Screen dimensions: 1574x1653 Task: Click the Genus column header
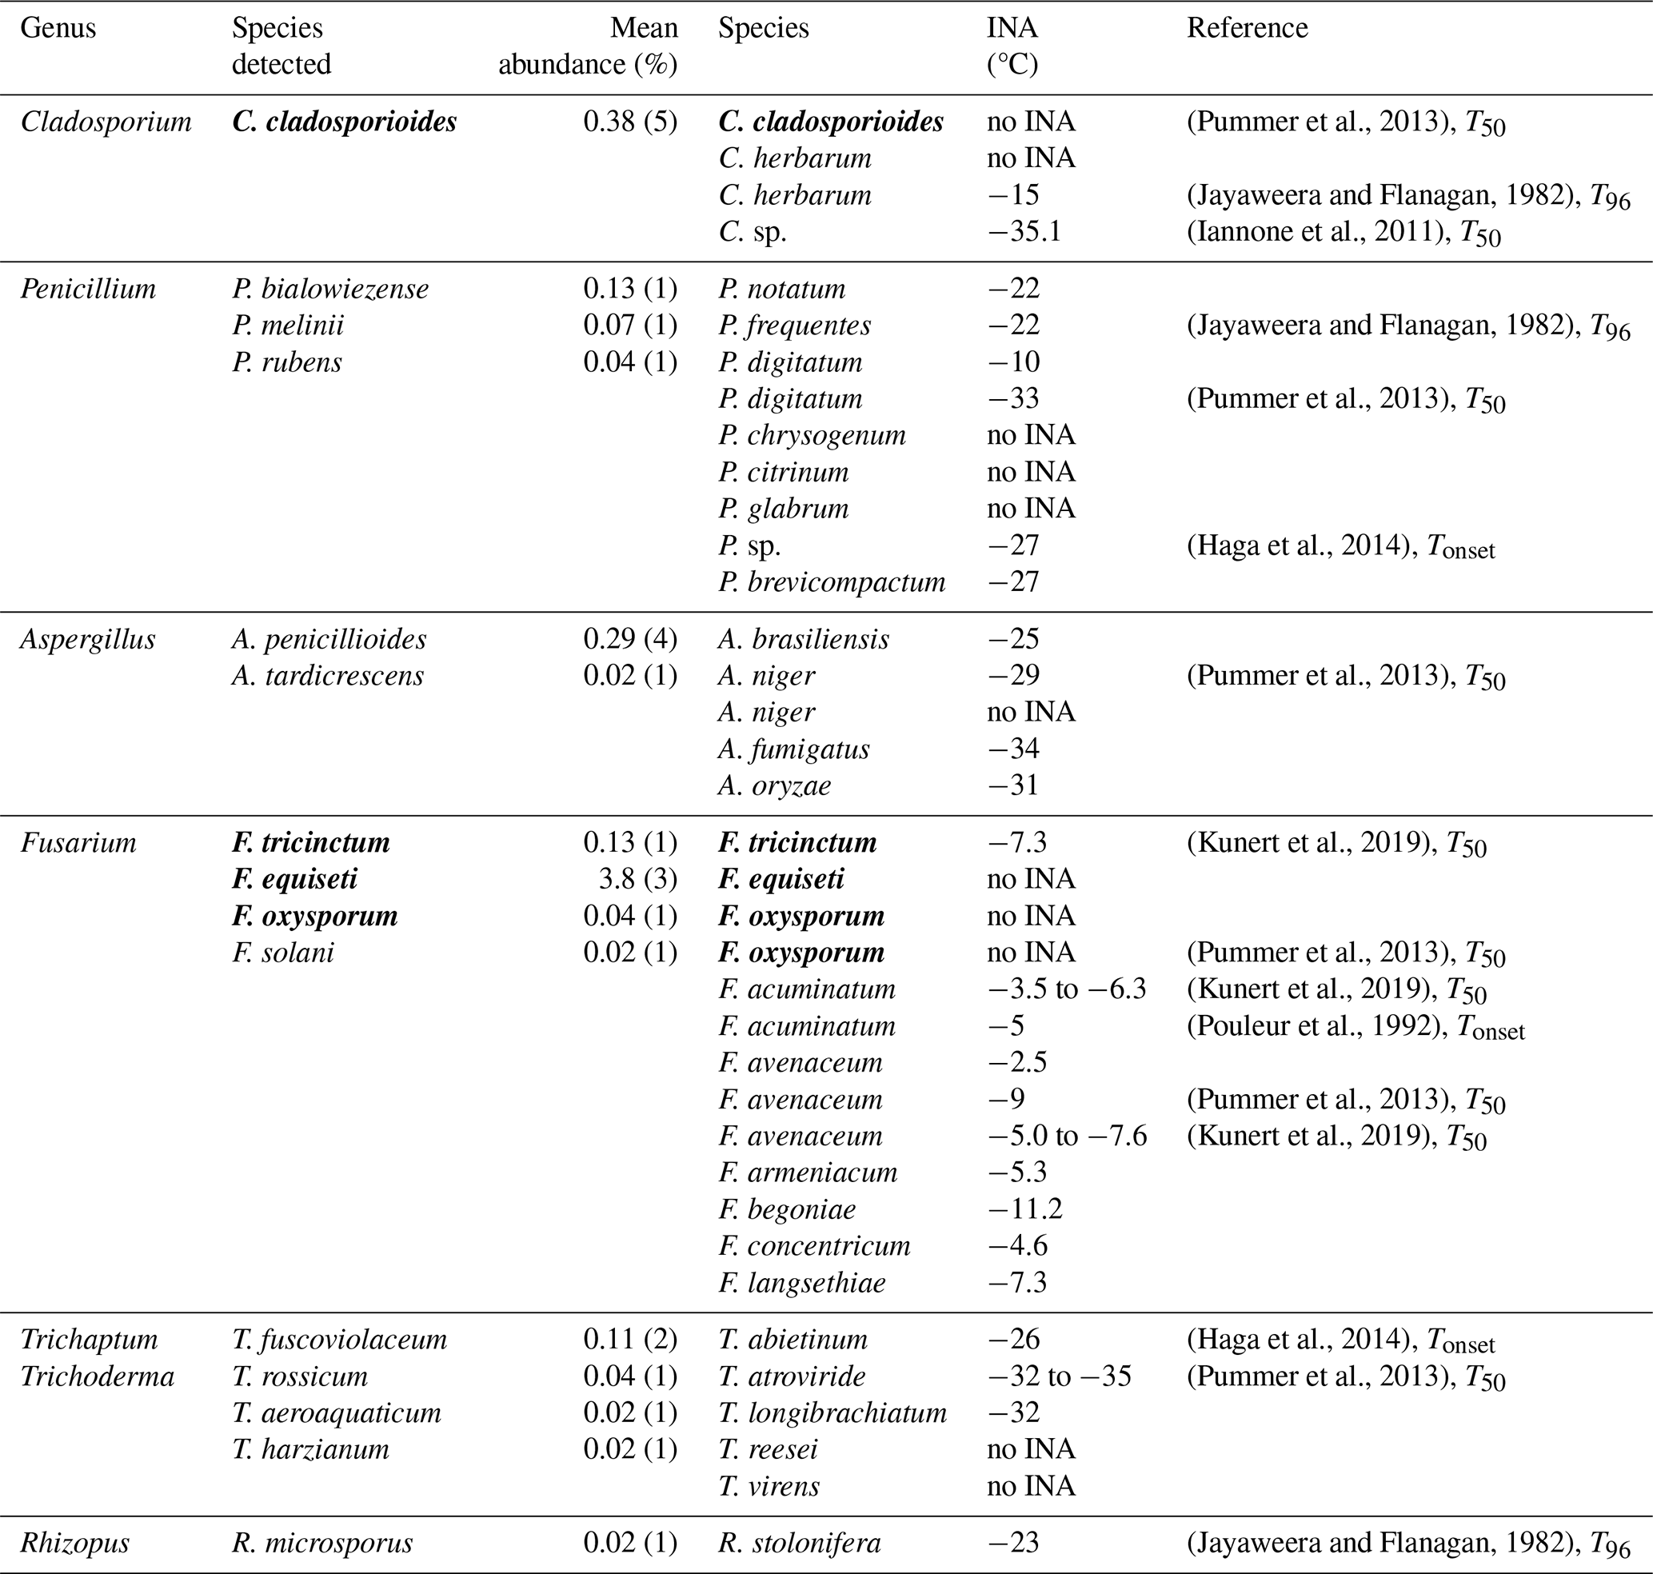coord(58,29)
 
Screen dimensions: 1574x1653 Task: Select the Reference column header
coord(1247,29)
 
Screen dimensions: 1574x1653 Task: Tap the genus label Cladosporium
coord(106,122)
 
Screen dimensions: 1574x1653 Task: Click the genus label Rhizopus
coord(74,1543)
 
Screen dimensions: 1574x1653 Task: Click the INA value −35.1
coord(1024,232)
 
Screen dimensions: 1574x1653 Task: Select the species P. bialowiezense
coord(329,289)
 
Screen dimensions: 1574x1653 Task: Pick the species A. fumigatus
coord(794,749)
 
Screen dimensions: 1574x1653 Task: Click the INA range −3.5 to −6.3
coord(1067,989)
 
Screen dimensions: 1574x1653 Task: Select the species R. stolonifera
coord(800,1543)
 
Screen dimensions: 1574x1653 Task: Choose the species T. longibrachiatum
coord(832,1413)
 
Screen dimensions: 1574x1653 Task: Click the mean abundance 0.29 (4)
coord(630,639)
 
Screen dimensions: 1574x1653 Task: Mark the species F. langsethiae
coord(801,1283)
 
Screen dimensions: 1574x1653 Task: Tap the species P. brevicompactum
coord(832,582)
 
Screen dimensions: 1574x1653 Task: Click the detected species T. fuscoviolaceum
coord(339,1339)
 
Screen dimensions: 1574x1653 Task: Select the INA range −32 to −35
coord(1059,1376)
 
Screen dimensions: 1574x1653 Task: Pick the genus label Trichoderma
coord(98,1376)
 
